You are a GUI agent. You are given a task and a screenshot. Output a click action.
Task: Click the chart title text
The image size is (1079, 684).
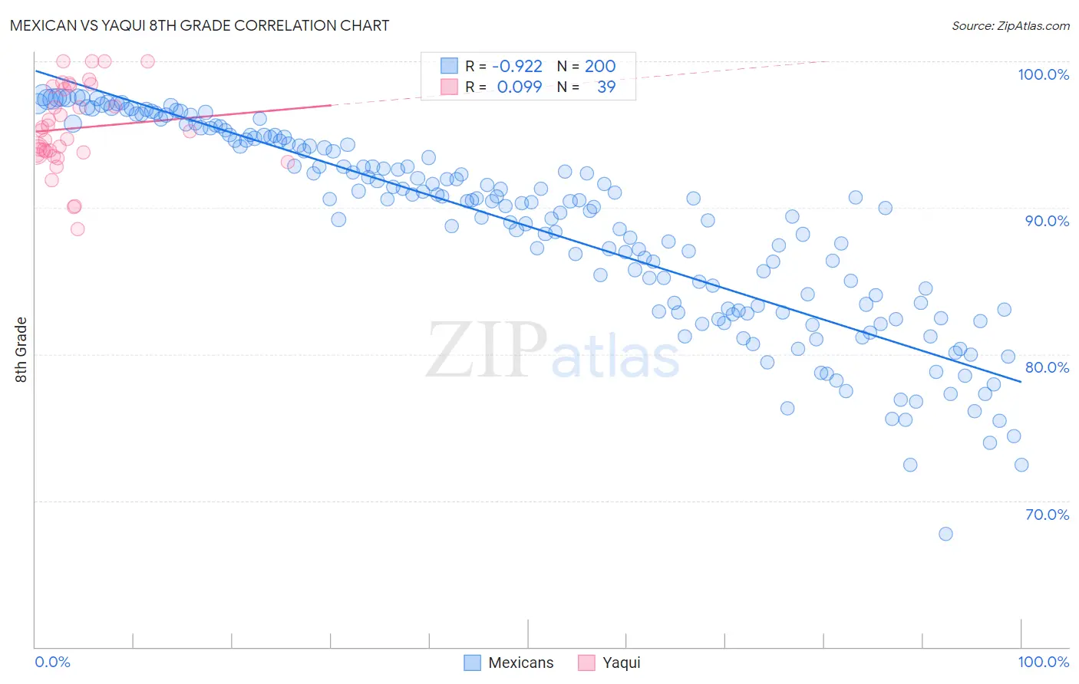click(x=199, y=25)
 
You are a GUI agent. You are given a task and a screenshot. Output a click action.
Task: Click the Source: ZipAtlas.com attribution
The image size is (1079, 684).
click(x=1010, y=26)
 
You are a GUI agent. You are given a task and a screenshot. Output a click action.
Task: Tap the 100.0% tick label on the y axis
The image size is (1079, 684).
click(x=1043, y=74)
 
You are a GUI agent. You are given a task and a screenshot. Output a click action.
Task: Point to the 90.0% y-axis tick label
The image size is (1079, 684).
click(x=1047, y=221)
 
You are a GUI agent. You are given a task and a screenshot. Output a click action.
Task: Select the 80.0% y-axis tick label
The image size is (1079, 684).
click(x=1047, y=367)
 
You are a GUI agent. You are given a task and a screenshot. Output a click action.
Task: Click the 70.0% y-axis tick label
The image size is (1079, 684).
click(x=1047, y=515)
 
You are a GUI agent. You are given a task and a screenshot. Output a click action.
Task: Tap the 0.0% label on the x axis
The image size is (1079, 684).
click(x=52, y=662)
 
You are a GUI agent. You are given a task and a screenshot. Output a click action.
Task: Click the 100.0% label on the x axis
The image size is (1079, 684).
click(x=1043, y=662)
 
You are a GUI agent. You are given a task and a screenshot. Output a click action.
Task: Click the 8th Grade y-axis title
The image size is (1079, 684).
click(x=21, y=350)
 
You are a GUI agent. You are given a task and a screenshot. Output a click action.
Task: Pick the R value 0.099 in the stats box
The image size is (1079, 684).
click(x=519, y=87)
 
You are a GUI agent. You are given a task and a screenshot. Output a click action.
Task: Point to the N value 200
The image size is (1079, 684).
click(x=599, y=67)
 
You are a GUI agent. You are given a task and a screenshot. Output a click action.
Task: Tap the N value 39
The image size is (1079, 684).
click(x=605, y=87)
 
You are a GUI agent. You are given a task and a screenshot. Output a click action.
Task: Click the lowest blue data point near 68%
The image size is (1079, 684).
click(x=945, y=534)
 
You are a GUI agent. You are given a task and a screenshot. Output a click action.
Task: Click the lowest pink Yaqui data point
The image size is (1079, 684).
click(x=78, y=229)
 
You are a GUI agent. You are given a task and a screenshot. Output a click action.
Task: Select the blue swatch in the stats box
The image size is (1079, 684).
click(x=449, y=67)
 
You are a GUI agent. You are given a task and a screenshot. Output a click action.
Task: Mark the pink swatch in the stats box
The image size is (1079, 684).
click(x=449, y=87)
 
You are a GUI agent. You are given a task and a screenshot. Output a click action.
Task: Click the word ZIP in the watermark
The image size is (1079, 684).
click(x=486, y=350)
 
